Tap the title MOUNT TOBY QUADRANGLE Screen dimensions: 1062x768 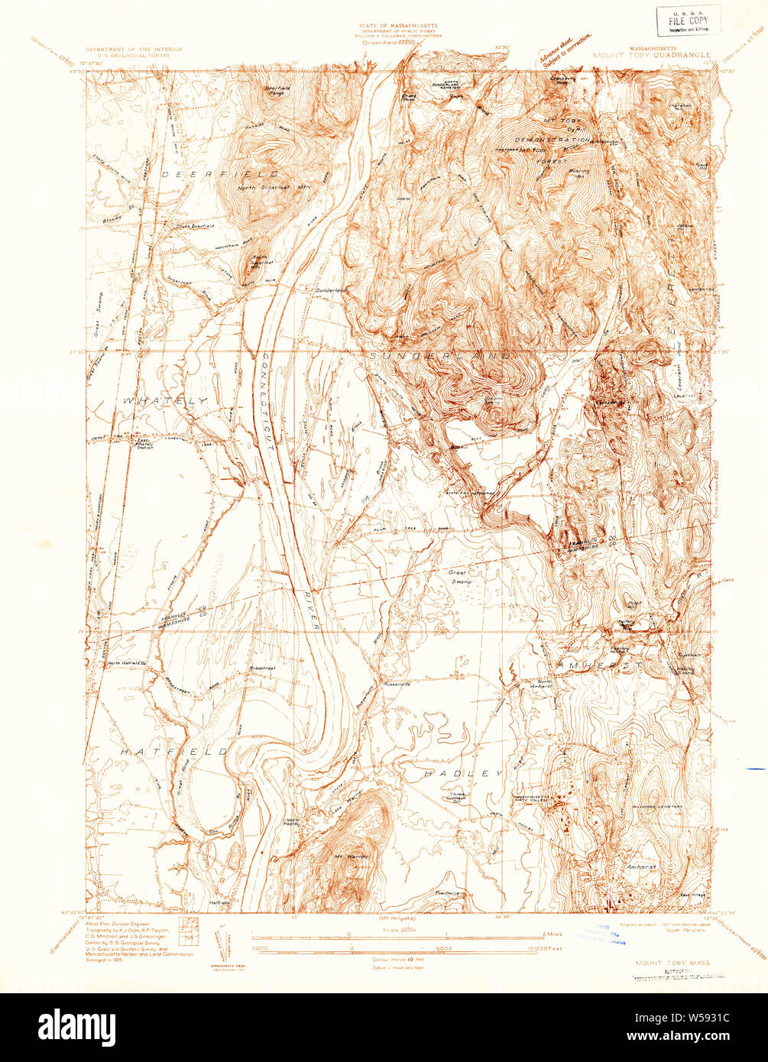coord(651,56)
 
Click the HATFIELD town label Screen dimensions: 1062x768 coord(175,752)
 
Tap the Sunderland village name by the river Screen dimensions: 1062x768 coord(331,291)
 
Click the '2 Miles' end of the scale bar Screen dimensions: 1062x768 coord(552,934)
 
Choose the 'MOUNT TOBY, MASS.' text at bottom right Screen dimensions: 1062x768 coord(670,964)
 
